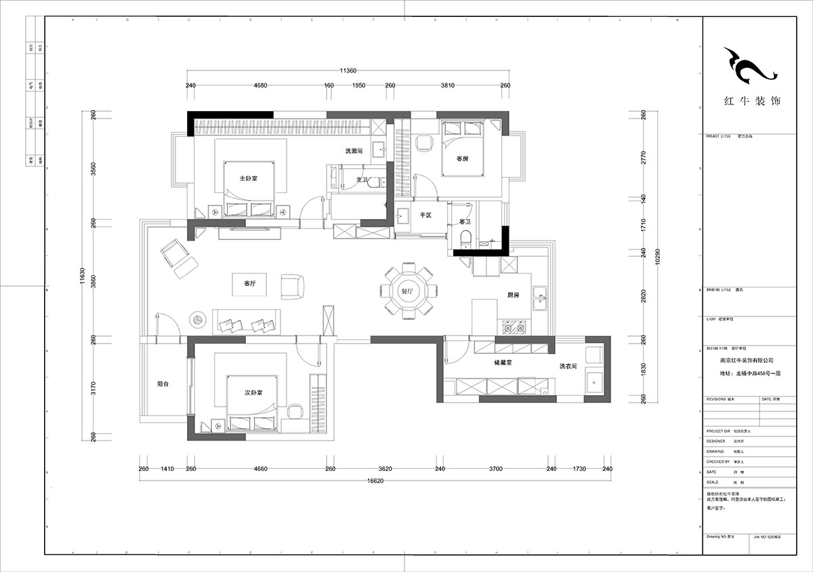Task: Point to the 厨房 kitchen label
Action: coord(514,295)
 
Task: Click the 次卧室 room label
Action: coord(253,392)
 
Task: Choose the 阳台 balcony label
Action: coord(163,384)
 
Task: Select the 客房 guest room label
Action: coord(463,159)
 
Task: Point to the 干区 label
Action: coord(425,215)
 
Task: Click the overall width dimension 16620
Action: coord(375,481)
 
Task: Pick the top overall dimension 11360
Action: coord(348,70)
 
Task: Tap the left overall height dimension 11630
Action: coord(82,278)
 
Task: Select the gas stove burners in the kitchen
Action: coord(514,328)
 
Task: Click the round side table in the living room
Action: coord(199,318)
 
